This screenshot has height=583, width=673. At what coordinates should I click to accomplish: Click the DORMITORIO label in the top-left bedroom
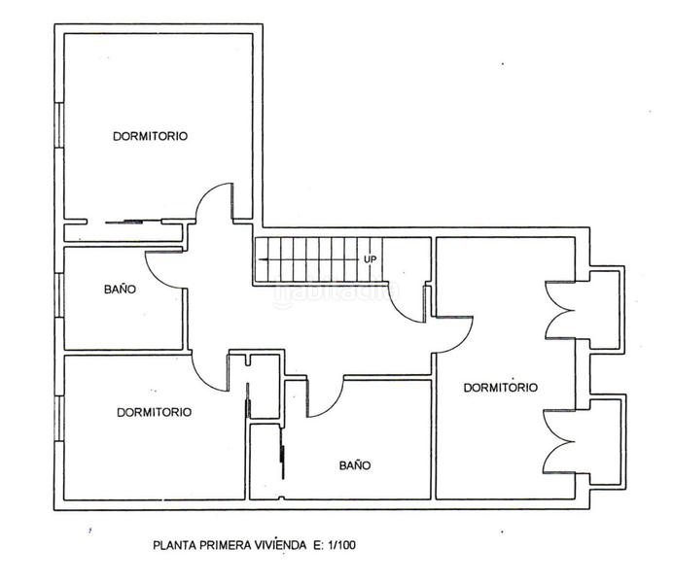[150, 136]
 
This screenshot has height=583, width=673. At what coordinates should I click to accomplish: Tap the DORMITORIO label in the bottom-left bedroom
[154, 412]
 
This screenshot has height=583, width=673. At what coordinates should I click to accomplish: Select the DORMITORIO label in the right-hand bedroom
[501, 388]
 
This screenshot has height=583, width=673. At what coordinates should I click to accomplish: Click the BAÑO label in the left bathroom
[121, 289]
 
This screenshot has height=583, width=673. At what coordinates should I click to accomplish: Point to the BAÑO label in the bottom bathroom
[355, 465]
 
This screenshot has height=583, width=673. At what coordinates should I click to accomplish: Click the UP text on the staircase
[370, 259]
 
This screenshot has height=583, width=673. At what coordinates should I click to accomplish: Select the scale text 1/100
[341, 545]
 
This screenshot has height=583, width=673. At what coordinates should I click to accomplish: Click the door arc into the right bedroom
[463, 343]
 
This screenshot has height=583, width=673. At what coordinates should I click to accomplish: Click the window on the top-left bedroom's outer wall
[60, 125]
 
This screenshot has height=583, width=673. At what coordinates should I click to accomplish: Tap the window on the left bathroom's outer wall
[60, 295]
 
